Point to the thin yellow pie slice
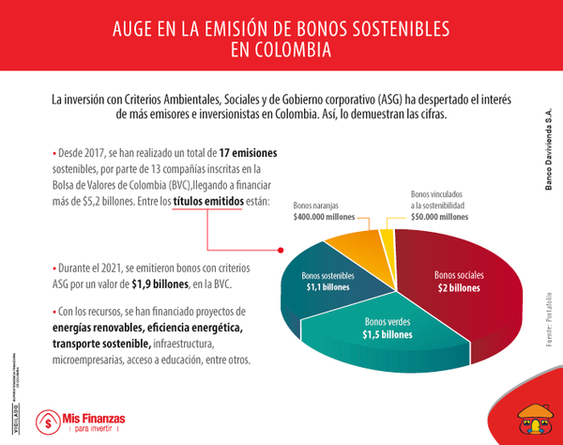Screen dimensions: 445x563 point(386,234)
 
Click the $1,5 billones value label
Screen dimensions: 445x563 point(388,334)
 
